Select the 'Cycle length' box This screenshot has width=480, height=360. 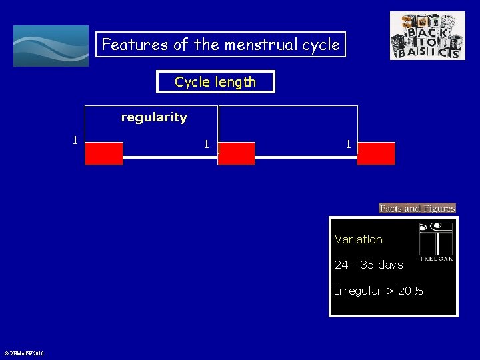(215, 82)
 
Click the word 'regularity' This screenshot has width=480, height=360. (154, 117)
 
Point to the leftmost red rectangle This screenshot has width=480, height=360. (104, 153)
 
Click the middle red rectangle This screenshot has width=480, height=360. (237, 153)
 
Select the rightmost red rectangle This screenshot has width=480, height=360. (376, 153)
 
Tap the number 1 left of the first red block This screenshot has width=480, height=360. (75, 139)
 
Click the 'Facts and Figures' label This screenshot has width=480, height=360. (417, 208)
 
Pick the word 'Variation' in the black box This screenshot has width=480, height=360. (359, 239)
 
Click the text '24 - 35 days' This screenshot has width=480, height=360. (369, 265)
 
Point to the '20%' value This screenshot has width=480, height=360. (410, 291)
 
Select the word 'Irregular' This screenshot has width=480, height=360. (358, 291)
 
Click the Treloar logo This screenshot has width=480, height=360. (436, 241)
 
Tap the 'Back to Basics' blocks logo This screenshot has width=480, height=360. (427, 35)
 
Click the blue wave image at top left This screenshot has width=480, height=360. (51, 45)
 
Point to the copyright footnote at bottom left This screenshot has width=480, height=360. (24, 353)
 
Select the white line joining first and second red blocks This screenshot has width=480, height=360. (171, 157)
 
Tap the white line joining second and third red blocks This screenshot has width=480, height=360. (306, 157)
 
